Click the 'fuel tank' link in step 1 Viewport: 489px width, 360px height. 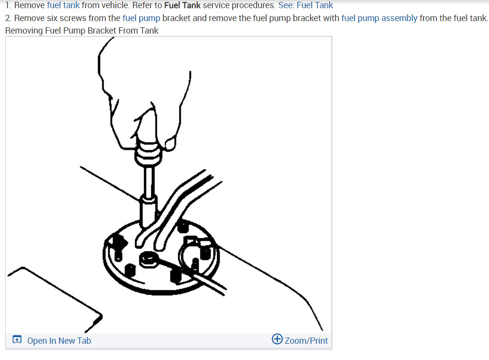tap(63, 6)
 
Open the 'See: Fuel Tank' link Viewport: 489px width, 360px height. tap(305, 6)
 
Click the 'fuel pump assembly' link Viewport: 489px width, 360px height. tap(379, 18)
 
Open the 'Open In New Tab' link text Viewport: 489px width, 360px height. tap(59, 341)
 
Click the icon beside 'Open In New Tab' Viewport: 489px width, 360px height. tap(17, 340)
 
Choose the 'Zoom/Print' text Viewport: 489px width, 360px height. tap(306, 341)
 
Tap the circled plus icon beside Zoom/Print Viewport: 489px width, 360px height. tap(277, 339)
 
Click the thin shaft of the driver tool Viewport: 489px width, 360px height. tap(149, 180)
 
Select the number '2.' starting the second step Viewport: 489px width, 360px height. tap(8, 18)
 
